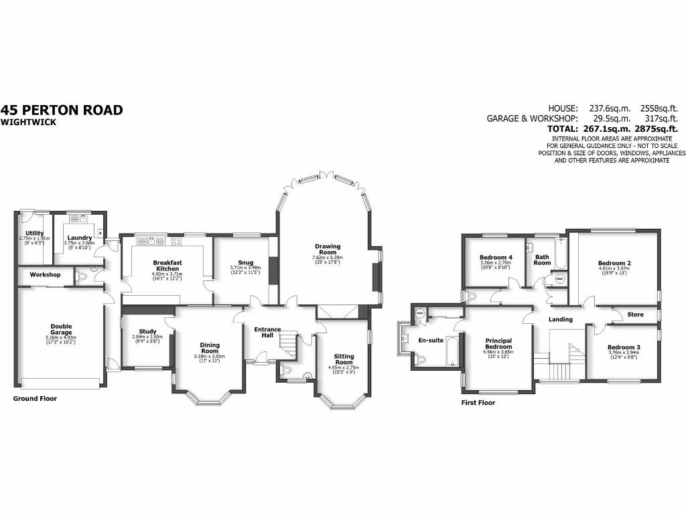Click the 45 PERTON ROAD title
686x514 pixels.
point(62,110)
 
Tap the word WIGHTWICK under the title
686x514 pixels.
point(29,122)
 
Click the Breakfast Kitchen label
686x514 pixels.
point(167,266)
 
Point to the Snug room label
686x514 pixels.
point(245,262)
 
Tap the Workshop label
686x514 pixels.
point(45,275)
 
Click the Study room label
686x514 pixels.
point(148,331)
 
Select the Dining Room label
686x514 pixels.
point(210,348)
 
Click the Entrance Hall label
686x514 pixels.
point(267,332)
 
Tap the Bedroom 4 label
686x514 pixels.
point(496,258)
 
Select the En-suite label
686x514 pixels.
point(431,340)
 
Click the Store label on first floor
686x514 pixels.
point(635,314)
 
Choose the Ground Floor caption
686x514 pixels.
point(35,398)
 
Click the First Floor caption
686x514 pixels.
point(478,403)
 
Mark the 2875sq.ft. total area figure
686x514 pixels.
point(659,128)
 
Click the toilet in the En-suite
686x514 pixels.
point(421,360)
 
